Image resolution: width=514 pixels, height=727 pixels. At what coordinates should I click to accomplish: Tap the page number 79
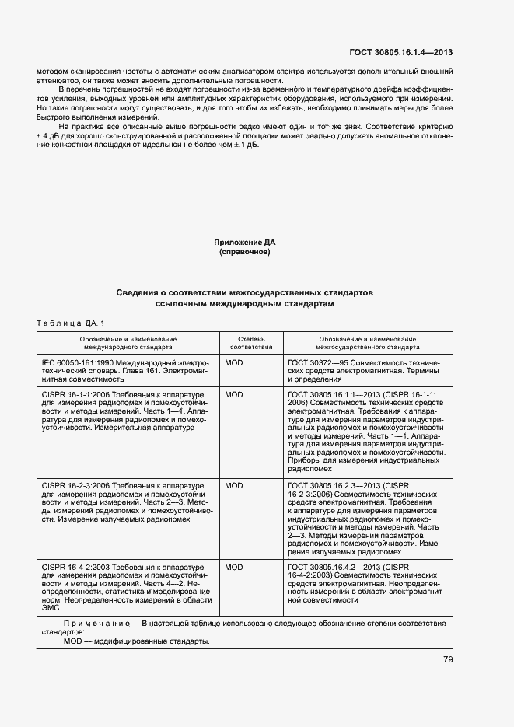448,660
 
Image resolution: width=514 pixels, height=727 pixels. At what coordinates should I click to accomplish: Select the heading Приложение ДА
245,243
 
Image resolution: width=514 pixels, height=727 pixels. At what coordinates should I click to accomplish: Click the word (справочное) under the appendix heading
245,252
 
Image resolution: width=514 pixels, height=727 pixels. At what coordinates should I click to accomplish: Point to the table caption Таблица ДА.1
70,323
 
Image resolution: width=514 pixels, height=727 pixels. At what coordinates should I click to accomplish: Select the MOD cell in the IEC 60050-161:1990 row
233,363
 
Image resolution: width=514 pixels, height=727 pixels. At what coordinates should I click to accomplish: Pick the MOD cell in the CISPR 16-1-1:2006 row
233,395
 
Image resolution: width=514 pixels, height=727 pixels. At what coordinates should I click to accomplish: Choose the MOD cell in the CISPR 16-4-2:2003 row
233,568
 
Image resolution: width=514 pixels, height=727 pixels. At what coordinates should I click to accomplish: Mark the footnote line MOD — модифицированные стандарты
135,641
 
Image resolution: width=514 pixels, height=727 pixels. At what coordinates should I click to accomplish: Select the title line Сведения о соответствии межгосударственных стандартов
245,293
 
